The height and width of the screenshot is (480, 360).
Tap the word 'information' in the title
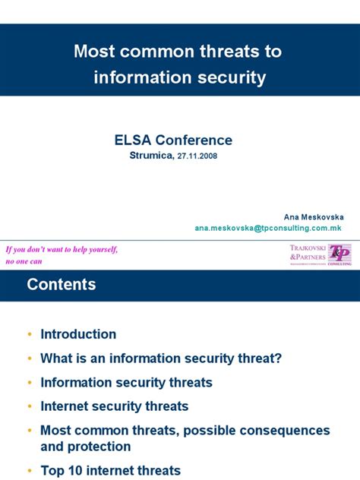tap(141, 77)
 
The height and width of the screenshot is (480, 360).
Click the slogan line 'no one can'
tap(24, 261)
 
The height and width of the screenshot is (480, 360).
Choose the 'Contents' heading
tap(62, 285)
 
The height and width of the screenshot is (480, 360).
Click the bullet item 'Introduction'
tap(78, 334)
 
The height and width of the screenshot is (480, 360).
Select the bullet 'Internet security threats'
tap(114, 406)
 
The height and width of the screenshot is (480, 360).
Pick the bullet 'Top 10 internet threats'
tap(110, 470)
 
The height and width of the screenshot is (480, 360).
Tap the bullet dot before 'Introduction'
tap(29, 335)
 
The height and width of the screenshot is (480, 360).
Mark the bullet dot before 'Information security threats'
tap(29, 383)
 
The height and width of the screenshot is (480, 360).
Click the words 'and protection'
tap(86, 447)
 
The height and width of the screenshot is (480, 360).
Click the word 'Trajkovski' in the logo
tap(307, 248)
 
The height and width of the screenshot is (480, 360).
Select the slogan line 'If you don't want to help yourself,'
tap(62, 249)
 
